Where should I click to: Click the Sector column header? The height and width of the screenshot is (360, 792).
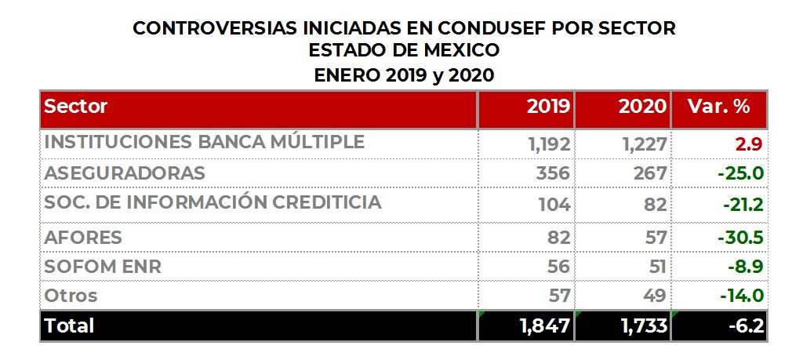(x=76, y=107)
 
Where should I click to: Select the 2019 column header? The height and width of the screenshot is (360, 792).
(x=548, y=107)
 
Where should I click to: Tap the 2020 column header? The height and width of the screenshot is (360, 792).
(x=642, y=107)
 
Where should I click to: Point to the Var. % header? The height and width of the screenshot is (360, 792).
(x=718, y=107)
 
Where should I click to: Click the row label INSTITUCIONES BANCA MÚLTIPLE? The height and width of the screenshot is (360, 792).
(x=205, y=142)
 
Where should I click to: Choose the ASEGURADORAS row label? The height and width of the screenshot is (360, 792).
(x=125, y=173)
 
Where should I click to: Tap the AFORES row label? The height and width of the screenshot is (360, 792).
(x=83, y=237)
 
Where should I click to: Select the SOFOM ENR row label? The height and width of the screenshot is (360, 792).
(x=103, y=266)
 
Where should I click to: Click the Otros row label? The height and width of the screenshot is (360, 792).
(x=71, y=296)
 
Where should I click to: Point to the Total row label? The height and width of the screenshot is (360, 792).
(x=69, y=325)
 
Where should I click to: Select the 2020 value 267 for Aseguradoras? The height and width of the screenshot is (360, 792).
(x=650, y=173)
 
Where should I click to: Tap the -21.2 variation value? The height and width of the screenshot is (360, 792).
(x=741, y=204)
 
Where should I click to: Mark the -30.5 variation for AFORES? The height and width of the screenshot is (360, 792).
(x=740, y=237)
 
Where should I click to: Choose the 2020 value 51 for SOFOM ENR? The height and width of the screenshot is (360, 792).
(x=656, y=267)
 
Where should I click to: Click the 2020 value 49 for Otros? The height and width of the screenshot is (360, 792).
(x=654, y=296)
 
